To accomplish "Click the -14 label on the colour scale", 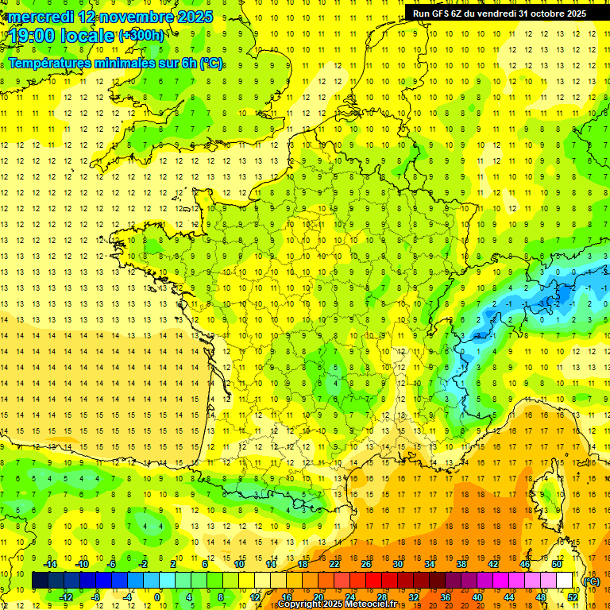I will (x=51, y=564).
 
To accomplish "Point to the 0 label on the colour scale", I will (x=157, y=597).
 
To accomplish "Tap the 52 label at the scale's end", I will (x=573, y=597).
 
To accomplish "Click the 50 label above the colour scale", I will (x=557, y=564).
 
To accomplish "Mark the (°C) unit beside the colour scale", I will (x=592, y=581).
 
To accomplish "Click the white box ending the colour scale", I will (x=565, y=581).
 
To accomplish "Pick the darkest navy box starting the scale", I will (x=40, y=581).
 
